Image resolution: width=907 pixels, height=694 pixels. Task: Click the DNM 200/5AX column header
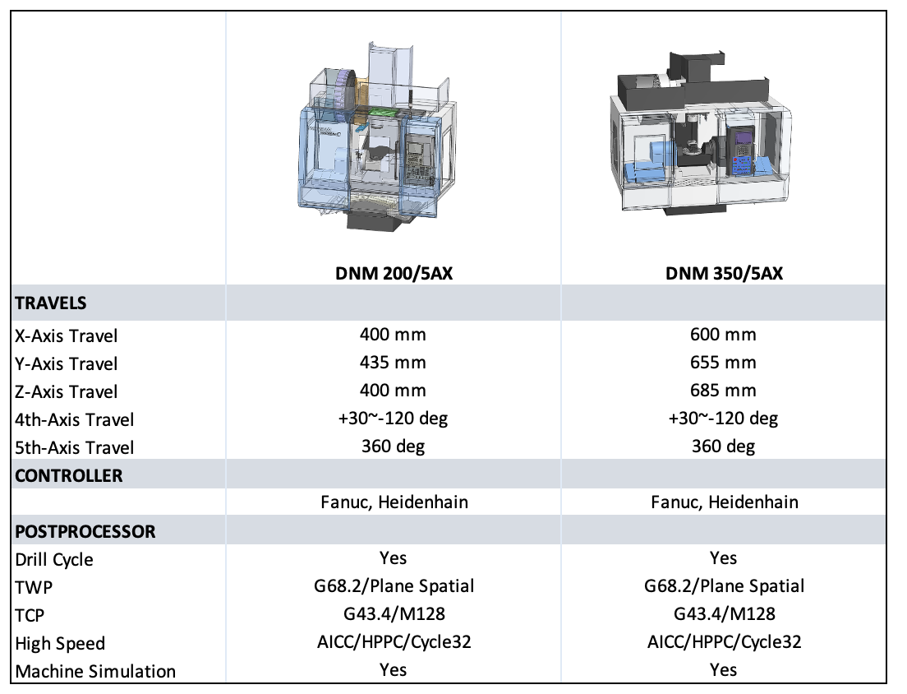394,273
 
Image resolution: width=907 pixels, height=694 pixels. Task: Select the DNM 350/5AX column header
725,273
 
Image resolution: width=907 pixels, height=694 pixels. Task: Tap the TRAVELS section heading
51,303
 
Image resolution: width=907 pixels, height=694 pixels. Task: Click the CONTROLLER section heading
69,476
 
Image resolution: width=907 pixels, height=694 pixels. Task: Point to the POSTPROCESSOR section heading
85,531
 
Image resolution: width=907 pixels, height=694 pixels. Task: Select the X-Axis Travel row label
66,335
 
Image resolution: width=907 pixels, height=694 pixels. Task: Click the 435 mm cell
393,363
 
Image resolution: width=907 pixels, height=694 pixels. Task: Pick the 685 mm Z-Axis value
723,390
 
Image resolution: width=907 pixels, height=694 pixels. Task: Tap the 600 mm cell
723,335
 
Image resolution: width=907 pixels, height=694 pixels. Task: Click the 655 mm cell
723,363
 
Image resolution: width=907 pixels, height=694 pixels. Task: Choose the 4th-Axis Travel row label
75,419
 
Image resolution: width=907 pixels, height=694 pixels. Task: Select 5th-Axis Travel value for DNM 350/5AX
723,446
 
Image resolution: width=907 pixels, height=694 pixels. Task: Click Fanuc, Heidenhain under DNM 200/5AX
394,502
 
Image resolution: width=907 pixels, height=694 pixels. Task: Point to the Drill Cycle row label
53,560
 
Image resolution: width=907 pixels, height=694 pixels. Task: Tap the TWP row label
34,587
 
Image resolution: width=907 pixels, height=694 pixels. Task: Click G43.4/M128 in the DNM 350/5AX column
725,613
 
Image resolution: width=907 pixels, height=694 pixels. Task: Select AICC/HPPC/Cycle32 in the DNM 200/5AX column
394,642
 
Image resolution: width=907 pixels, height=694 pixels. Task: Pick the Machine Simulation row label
95,672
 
